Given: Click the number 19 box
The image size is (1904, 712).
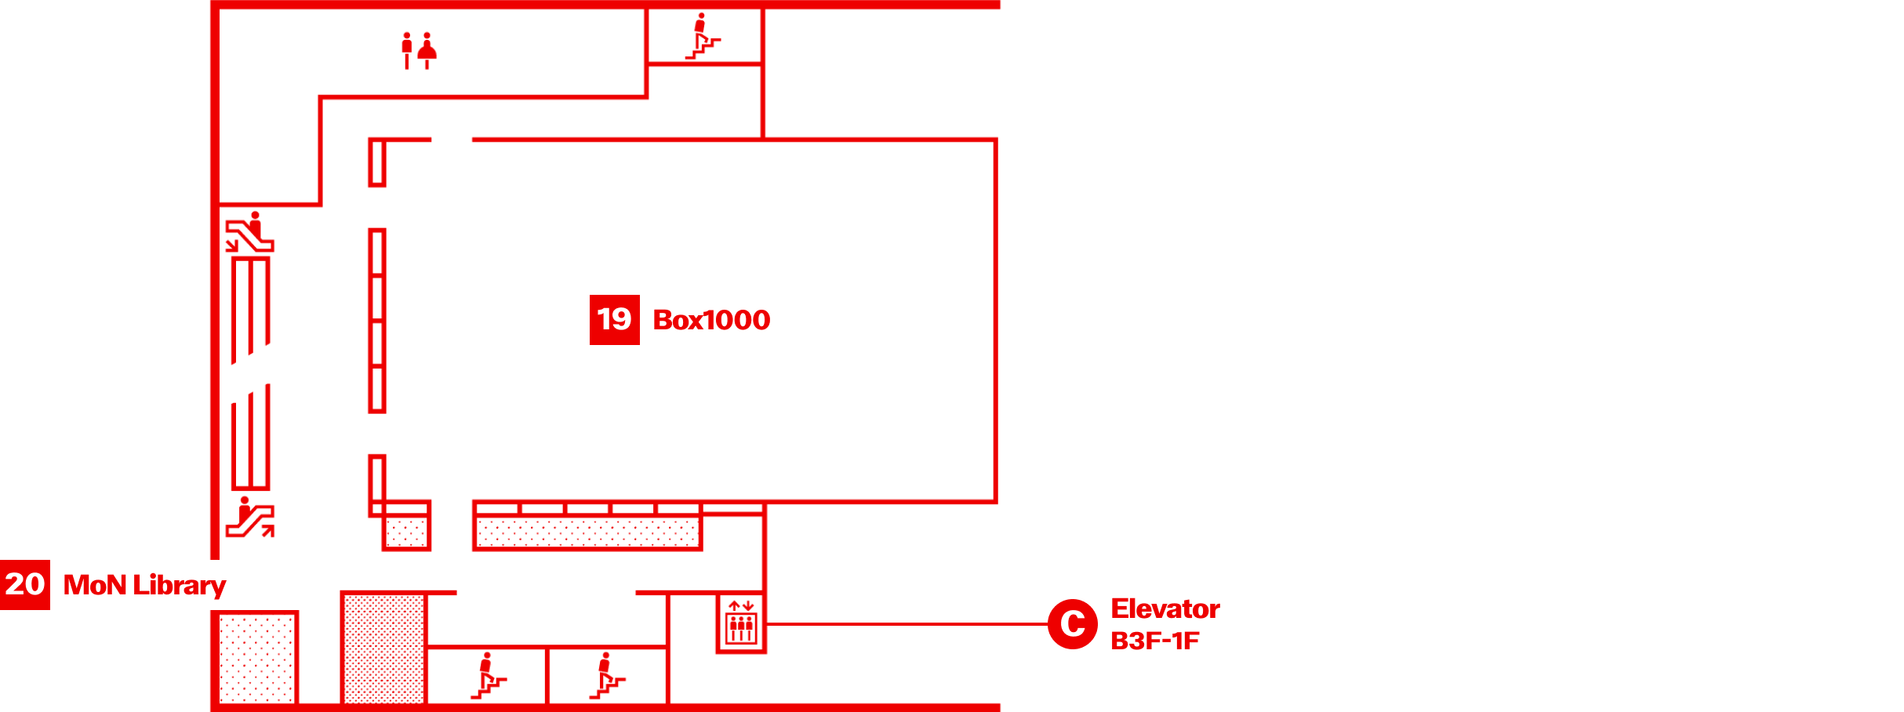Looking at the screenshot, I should point(614,319).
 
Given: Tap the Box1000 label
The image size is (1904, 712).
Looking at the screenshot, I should point(711,320).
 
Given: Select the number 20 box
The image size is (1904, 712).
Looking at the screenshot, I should point(24,584).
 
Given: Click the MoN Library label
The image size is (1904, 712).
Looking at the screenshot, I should point(144,585).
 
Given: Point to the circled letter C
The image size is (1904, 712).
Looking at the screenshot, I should point(1072,624).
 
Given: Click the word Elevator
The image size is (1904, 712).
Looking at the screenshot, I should point(1165,608).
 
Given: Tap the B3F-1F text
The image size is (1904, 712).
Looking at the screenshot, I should point(1154,641).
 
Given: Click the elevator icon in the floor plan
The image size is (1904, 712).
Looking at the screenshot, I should point(740,624).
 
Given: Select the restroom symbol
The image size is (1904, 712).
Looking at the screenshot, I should point(418,51).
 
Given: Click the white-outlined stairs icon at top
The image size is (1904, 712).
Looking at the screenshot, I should point(702,37).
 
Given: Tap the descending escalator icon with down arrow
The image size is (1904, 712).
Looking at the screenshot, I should point(249,233).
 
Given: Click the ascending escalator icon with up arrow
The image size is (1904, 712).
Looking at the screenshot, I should point(249,518).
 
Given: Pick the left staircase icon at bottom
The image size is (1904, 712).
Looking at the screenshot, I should point(488,676).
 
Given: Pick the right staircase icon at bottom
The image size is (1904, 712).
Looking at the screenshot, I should point(607,676).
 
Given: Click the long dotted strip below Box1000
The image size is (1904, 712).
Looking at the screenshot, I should point(587,532).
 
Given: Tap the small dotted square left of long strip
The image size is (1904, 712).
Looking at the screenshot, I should point(406,532).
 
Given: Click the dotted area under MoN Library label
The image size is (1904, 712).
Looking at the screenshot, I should point(256,659).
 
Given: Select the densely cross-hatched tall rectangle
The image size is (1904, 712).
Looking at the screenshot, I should point(383,648).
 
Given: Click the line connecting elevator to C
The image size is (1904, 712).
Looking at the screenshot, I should point(902,624).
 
